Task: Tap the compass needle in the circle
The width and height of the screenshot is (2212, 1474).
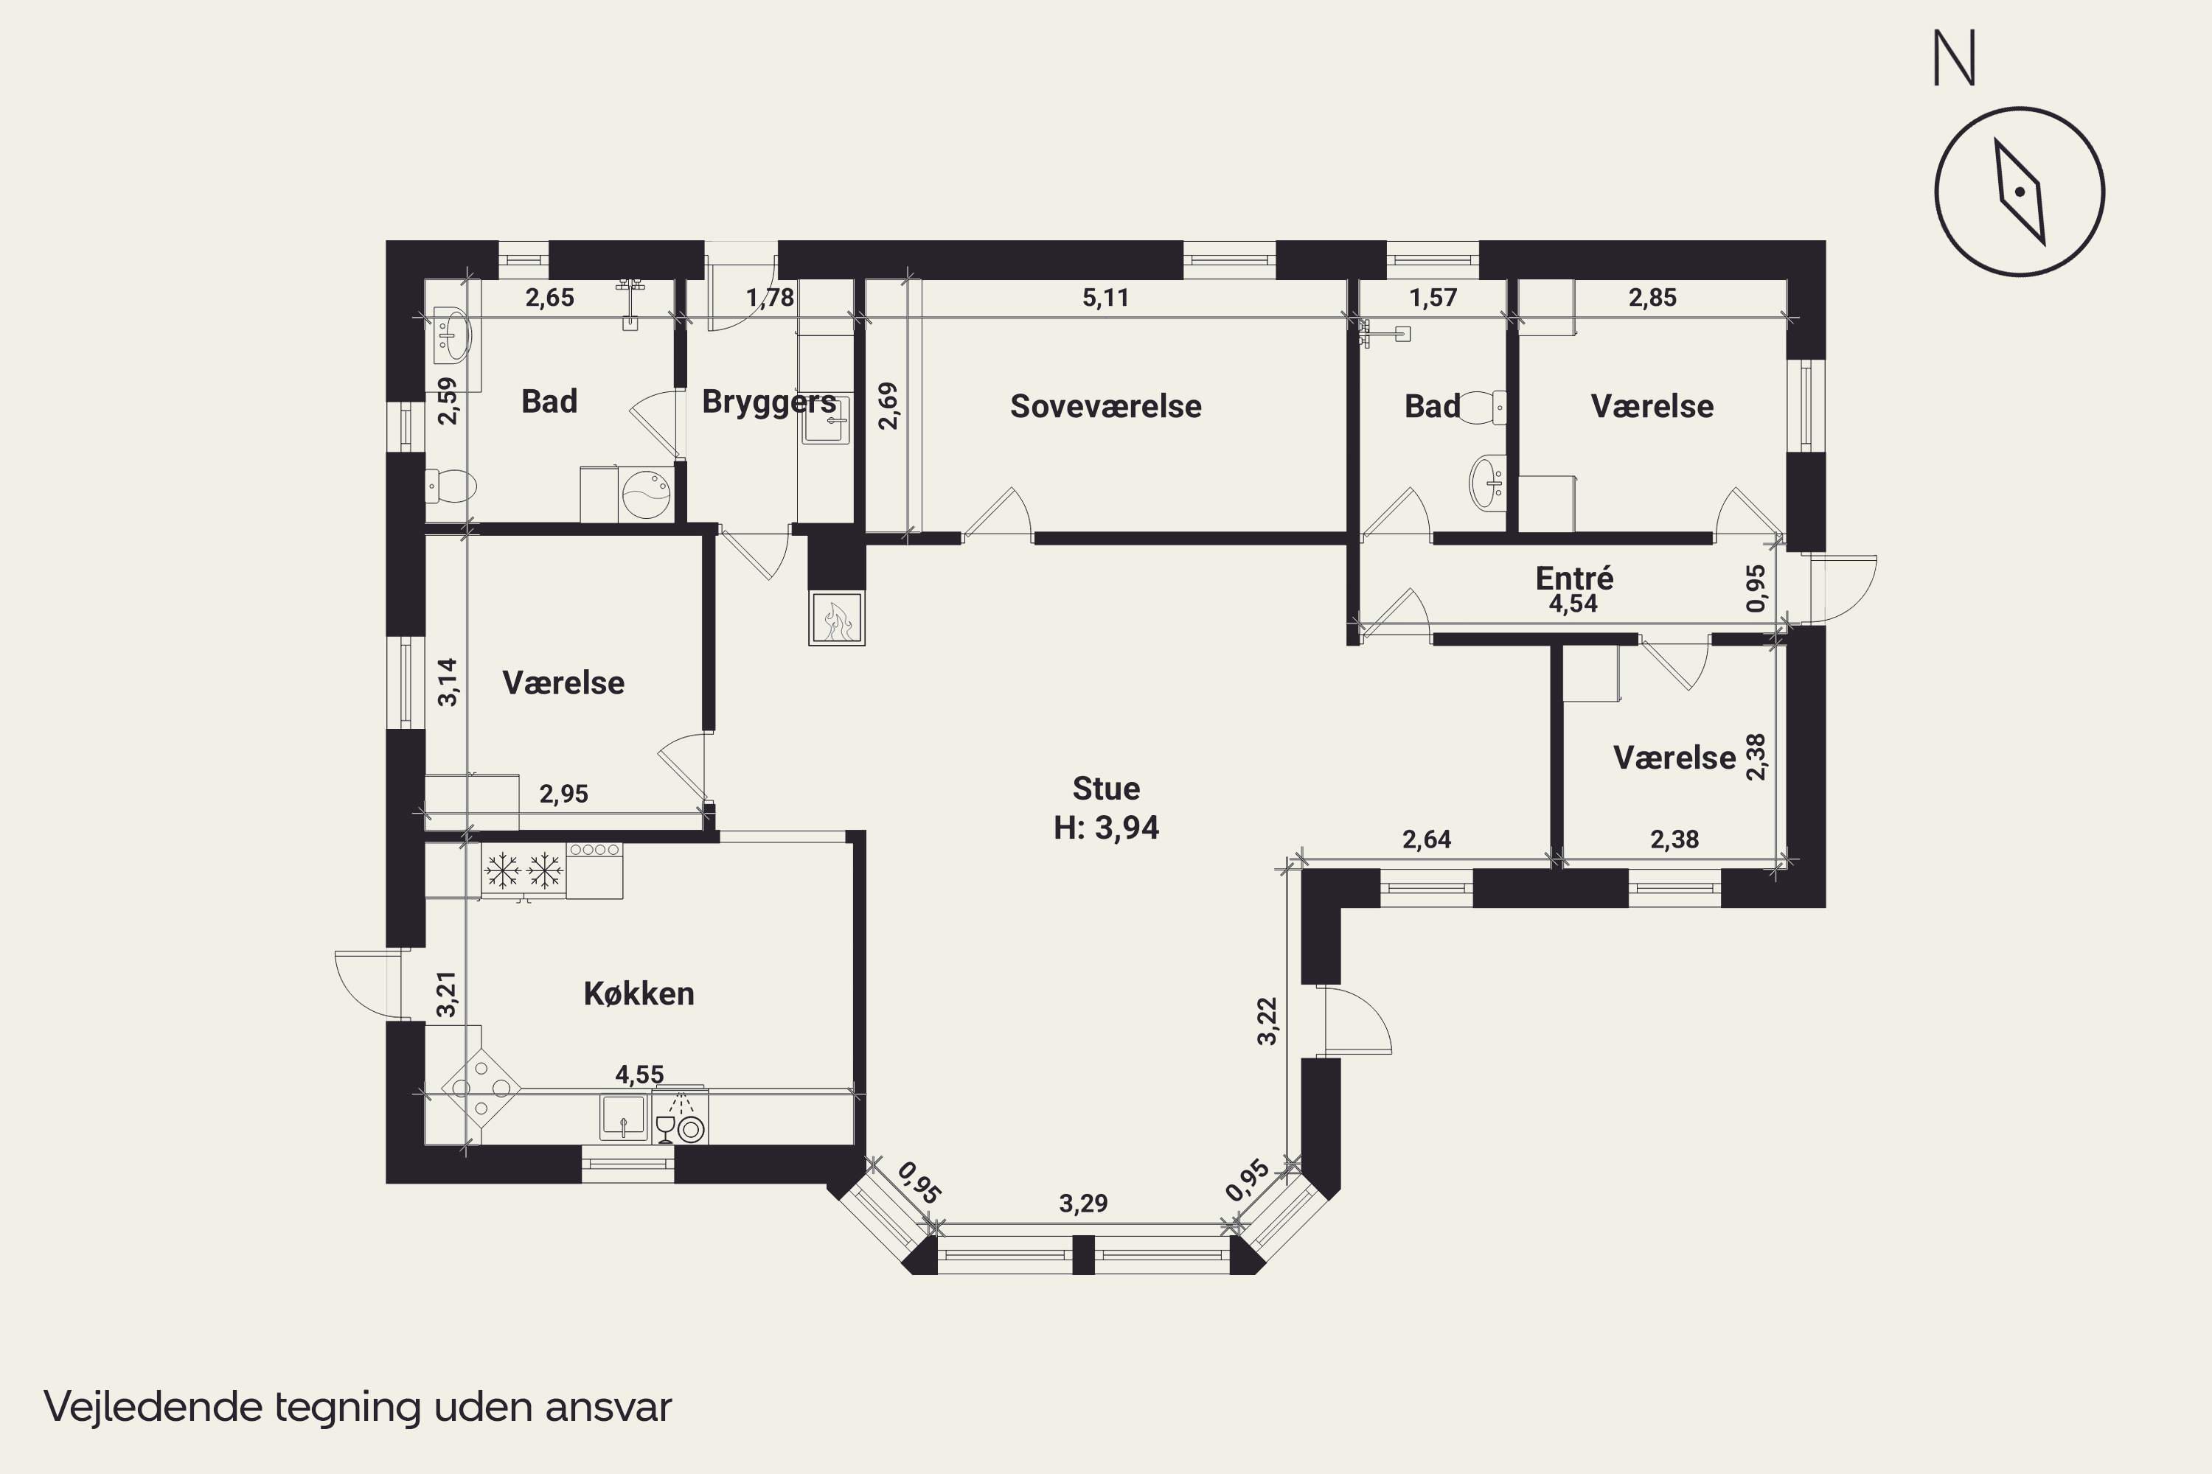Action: click(x=2020, y=192)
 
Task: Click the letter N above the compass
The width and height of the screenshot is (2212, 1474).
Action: click(x=1955, y=58)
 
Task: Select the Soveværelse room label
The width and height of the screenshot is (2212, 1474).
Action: click(x=1105, y=406)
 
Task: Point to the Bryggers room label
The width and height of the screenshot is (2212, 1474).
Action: click(x=769, y=402)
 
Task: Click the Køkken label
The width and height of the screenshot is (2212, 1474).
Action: click(x=639, y=993)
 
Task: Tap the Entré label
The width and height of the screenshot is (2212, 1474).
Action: click(x=1574, y=576)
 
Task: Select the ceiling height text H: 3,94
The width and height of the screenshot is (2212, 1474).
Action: click(x=1106, y=827)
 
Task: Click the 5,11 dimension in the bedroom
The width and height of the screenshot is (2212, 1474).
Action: click(x=1105, y=298)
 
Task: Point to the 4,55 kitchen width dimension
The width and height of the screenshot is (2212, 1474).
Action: click(x=639, y=1074)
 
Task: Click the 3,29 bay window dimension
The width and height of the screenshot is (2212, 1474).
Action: click(x=1083, y=1204)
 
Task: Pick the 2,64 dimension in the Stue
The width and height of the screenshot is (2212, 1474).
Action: click(x=1427, y=839)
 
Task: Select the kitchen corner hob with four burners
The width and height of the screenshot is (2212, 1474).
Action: click(x=481, y=1089)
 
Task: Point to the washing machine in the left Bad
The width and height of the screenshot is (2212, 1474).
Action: click(x=645, y=494)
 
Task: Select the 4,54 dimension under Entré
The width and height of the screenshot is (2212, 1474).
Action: click(x=1573, y=604)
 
